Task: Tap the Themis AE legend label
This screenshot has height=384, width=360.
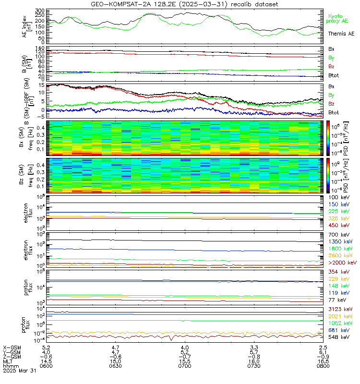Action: click(341, 34)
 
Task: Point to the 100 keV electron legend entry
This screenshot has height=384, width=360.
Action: click(338, 197)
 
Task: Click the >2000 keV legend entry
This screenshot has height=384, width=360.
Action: click(342, 263)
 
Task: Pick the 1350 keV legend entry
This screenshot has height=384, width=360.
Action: click(339, 241)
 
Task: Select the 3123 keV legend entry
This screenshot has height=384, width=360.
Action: click(339, 311)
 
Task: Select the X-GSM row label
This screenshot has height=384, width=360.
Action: click(12, 347)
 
